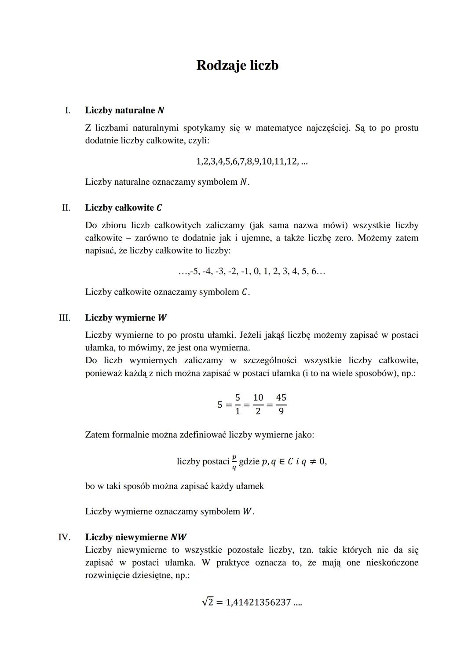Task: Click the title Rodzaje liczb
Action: click(x=237, y=66)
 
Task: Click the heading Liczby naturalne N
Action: click(x=124, y=110)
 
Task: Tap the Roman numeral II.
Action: click(x=66, y=208)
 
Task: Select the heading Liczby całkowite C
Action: click(x=124, y=208)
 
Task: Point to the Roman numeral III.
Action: click(x=65, y=318)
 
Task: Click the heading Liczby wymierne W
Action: click(x=126, y=318)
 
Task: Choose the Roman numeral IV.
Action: click(x=64, y=537)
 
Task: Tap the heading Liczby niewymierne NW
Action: click(x=135, y=537)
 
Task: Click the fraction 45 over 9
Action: click(x=281, y=404)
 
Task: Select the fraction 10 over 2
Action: click(x=258, y=404)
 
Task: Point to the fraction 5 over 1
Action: click(x=237, y=404)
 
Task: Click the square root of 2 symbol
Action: click(x=208, y=602)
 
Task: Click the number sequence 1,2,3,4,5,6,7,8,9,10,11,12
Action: click(x=246, y=161)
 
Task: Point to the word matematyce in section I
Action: click(x=279, y=128)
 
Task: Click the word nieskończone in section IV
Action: click(x=392, y=562)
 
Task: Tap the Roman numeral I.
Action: click(x=67, y=110)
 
